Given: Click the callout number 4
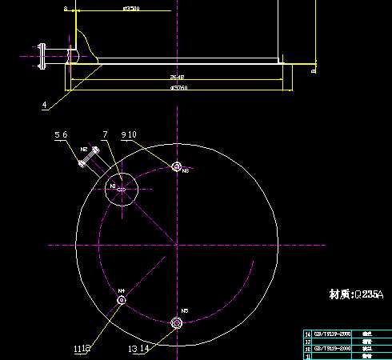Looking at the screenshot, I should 45,104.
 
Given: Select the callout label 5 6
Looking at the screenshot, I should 62,134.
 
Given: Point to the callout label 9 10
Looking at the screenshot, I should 130,134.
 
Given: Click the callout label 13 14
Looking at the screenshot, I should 138,348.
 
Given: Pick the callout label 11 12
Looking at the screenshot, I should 82,349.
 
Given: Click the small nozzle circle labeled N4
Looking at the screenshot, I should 122,300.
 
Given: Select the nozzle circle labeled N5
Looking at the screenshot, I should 177,322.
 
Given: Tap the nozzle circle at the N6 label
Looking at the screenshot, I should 176,166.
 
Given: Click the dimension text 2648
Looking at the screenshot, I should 177,78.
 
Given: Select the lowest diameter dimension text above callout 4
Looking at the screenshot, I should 178,86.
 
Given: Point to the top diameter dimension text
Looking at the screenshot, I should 132,9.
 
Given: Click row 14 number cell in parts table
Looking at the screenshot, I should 308,333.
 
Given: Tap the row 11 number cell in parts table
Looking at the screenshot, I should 308,356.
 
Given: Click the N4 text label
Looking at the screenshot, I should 122,290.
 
